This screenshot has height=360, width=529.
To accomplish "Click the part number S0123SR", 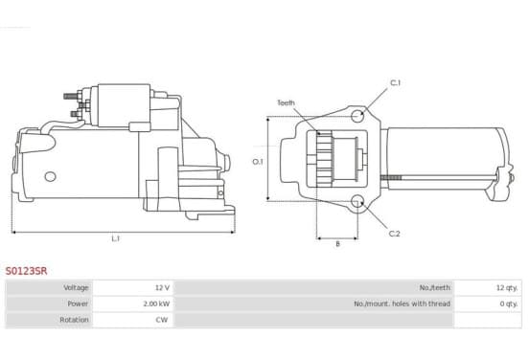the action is (x=26, y=271).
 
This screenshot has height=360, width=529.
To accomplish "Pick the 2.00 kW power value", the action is (x=156, y=304).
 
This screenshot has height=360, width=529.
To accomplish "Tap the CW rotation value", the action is (x=162, y=320).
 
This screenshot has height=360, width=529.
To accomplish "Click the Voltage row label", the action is (x=76, y=287).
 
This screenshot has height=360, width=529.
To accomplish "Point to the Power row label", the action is (x=78, y=304).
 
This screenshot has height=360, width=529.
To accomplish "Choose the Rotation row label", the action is (x=74, y=320).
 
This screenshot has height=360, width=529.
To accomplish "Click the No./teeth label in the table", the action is (x=434, y=287).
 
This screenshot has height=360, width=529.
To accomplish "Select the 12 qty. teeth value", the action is (x=507, y=287).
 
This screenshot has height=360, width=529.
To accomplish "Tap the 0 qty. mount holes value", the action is (x=509, y=304).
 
